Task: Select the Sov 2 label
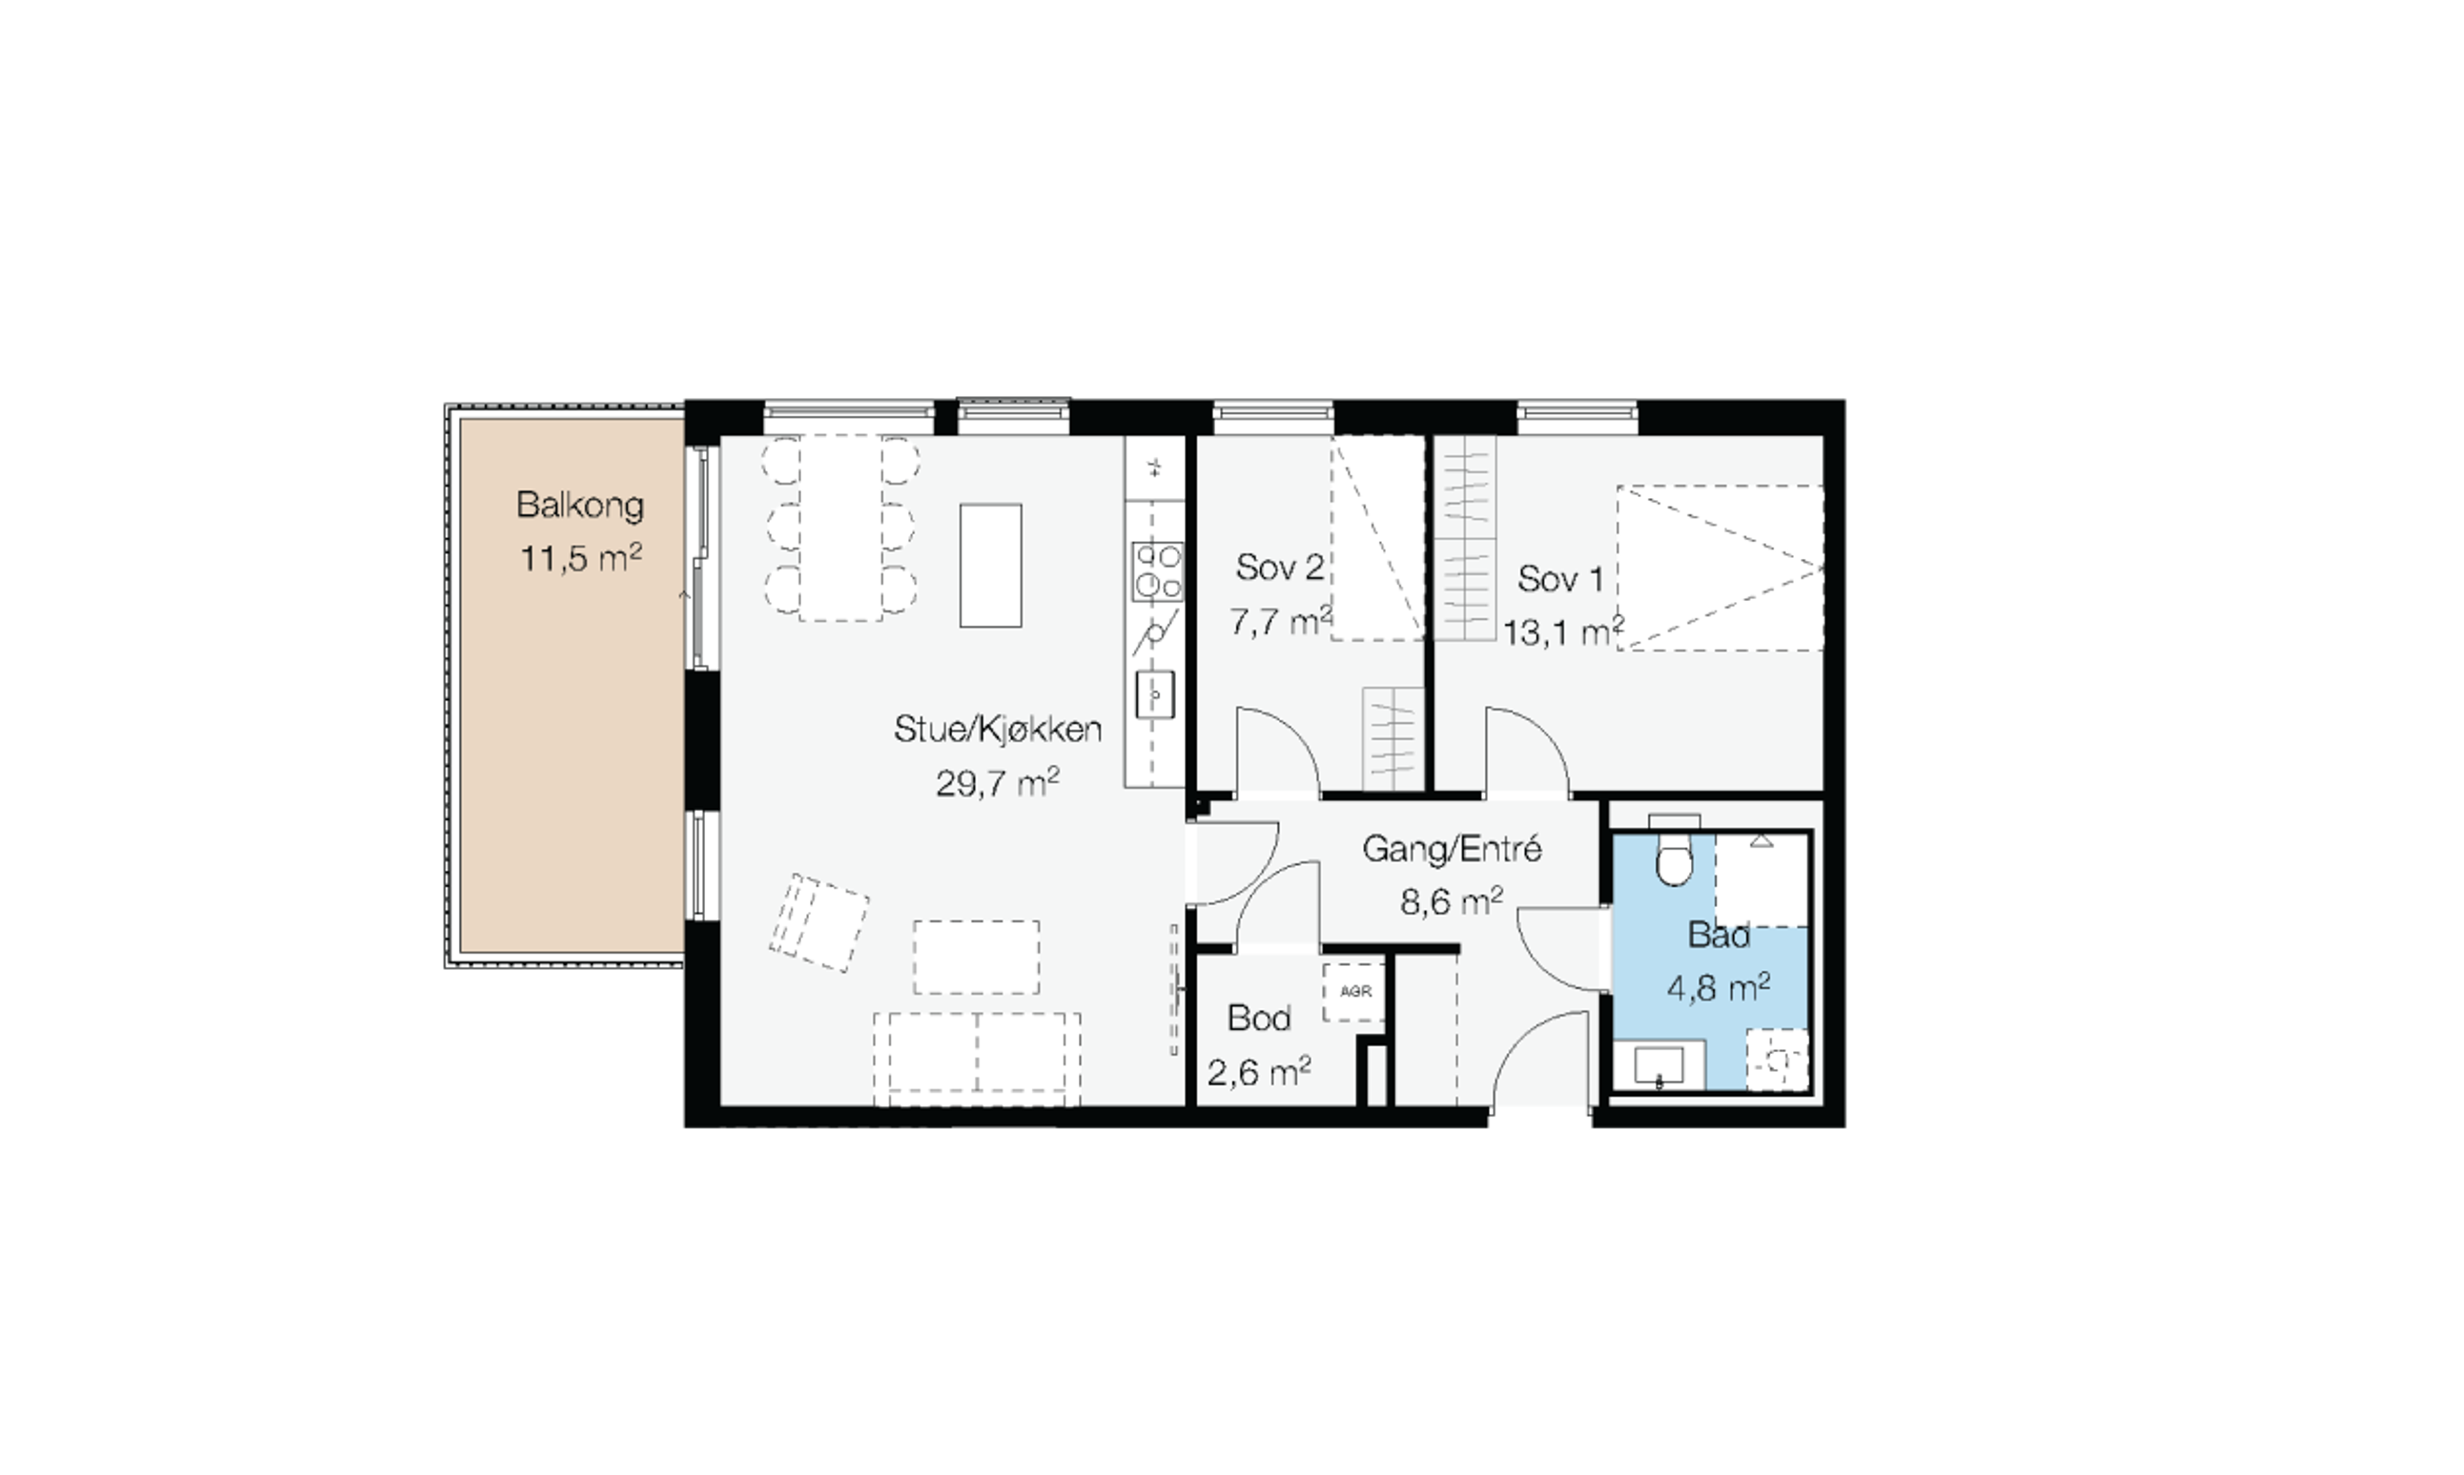1280,568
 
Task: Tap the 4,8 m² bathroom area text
1718,988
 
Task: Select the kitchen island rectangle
990,565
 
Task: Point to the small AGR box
1354,992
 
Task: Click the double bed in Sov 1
1720,568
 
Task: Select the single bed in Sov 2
1378,538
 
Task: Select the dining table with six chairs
841,528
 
